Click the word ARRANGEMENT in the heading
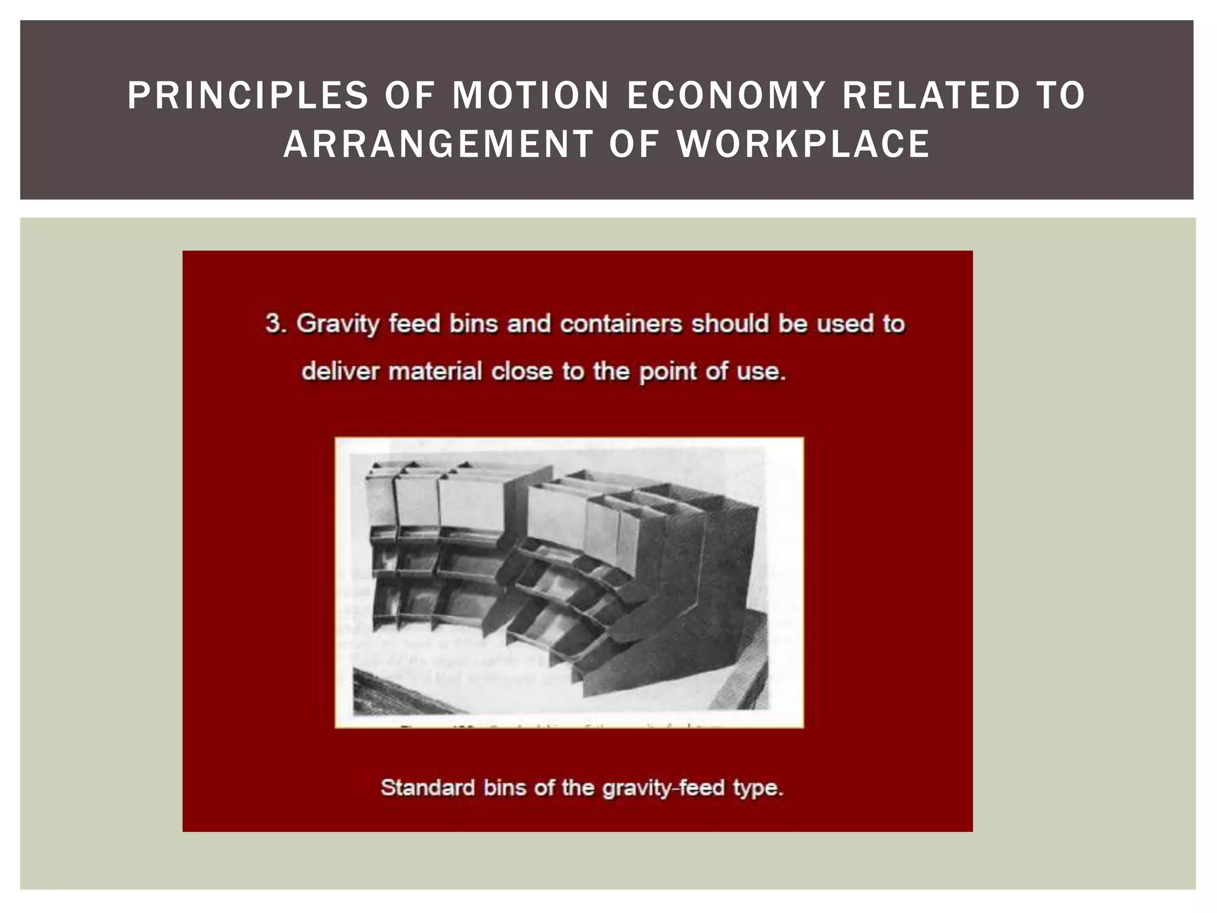tap(439, 144)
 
